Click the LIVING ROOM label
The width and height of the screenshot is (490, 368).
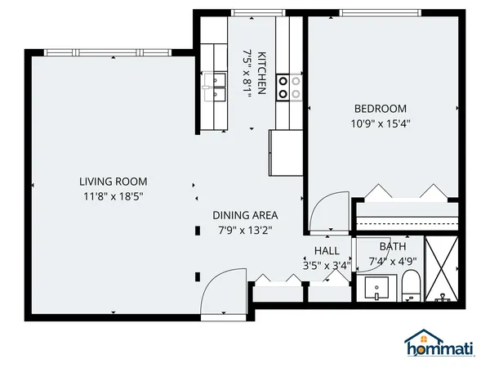pos(113,182)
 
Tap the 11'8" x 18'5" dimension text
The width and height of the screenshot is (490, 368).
pos(113,196)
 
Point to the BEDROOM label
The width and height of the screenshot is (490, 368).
pos(380,109)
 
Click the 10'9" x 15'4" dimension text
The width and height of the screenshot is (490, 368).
pos(380,124)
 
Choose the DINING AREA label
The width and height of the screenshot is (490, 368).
pos(245,215)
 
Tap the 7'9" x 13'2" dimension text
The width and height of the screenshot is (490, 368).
pos(245,231)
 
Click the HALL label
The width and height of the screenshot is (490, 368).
pos(327,251)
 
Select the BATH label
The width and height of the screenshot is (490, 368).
pos(392,246)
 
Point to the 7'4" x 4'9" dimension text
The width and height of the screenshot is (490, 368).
pos(392,262)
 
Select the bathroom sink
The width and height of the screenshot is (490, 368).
pos(376,289)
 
